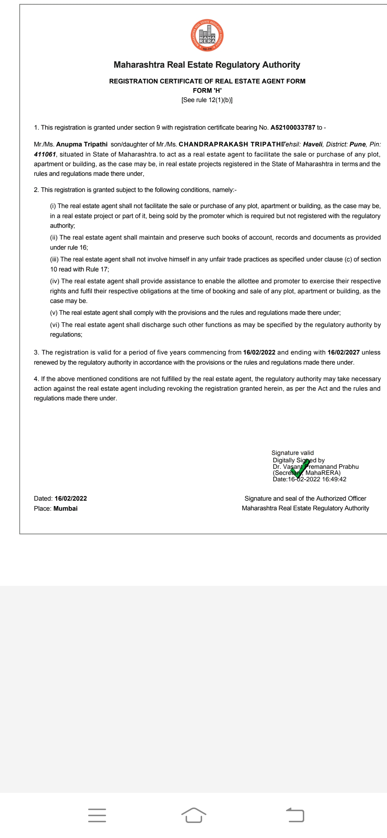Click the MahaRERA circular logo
(207, 35)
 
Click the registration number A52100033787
(293, 127)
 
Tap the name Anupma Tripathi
(82, 144)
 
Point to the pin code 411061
(45, 154)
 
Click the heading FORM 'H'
(207, 91)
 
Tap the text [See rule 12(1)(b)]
(207, 100)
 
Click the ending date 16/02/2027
(343, 352)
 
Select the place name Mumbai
(66, 509)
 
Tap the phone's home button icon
(193, 815)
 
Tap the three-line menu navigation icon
(97, 815)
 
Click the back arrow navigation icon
(295, 815)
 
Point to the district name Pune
(358, 144)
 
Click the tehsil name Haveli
(313, 144)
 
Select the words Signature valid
(292, 453)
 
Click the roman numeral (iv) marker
(55, 281)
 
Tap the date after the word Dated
(71, 499)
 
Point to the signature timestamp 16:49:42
(334, 480)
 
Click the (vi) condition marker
(55, 325)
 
